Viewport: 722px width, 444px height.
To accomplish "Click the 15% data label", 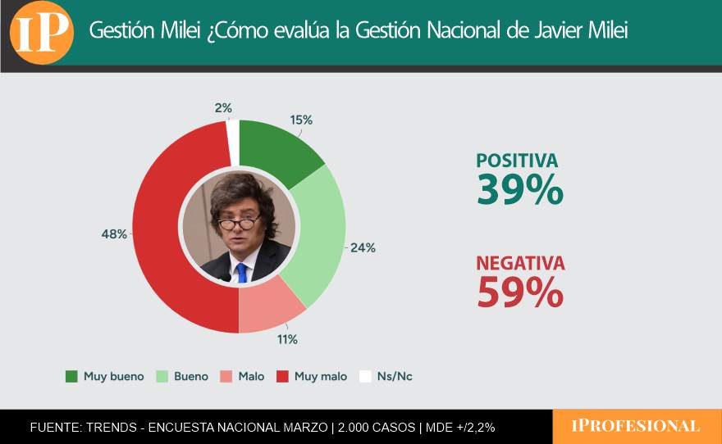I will (301, 120).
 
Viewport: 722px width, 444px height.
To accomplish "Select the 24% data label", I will (363, 247).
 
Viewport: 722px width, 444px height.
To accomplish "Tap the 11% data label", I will (287, 339).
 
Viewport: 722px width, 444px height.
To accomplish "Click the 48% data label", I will (114, 234).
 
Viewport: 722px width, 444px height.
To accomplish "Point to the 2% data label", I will (223, 107).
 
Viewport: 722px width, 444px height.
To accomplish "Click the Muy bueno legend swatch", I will (71, 377).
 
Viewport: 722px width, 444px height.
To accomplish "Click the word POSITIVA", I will (517, 161).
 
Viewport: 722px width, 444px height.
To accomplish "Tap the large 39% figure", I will (519, 189).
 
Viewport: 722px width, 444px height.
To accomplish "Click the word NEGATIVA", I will (520, 264).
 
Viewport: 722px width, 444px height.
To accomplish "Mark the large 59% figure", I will (519, 292).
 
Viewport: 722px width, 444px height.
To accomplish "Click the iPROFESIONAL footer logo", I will (636, 426).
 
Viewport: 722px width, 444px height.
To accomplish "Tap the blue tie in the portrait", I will (241, 273).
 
